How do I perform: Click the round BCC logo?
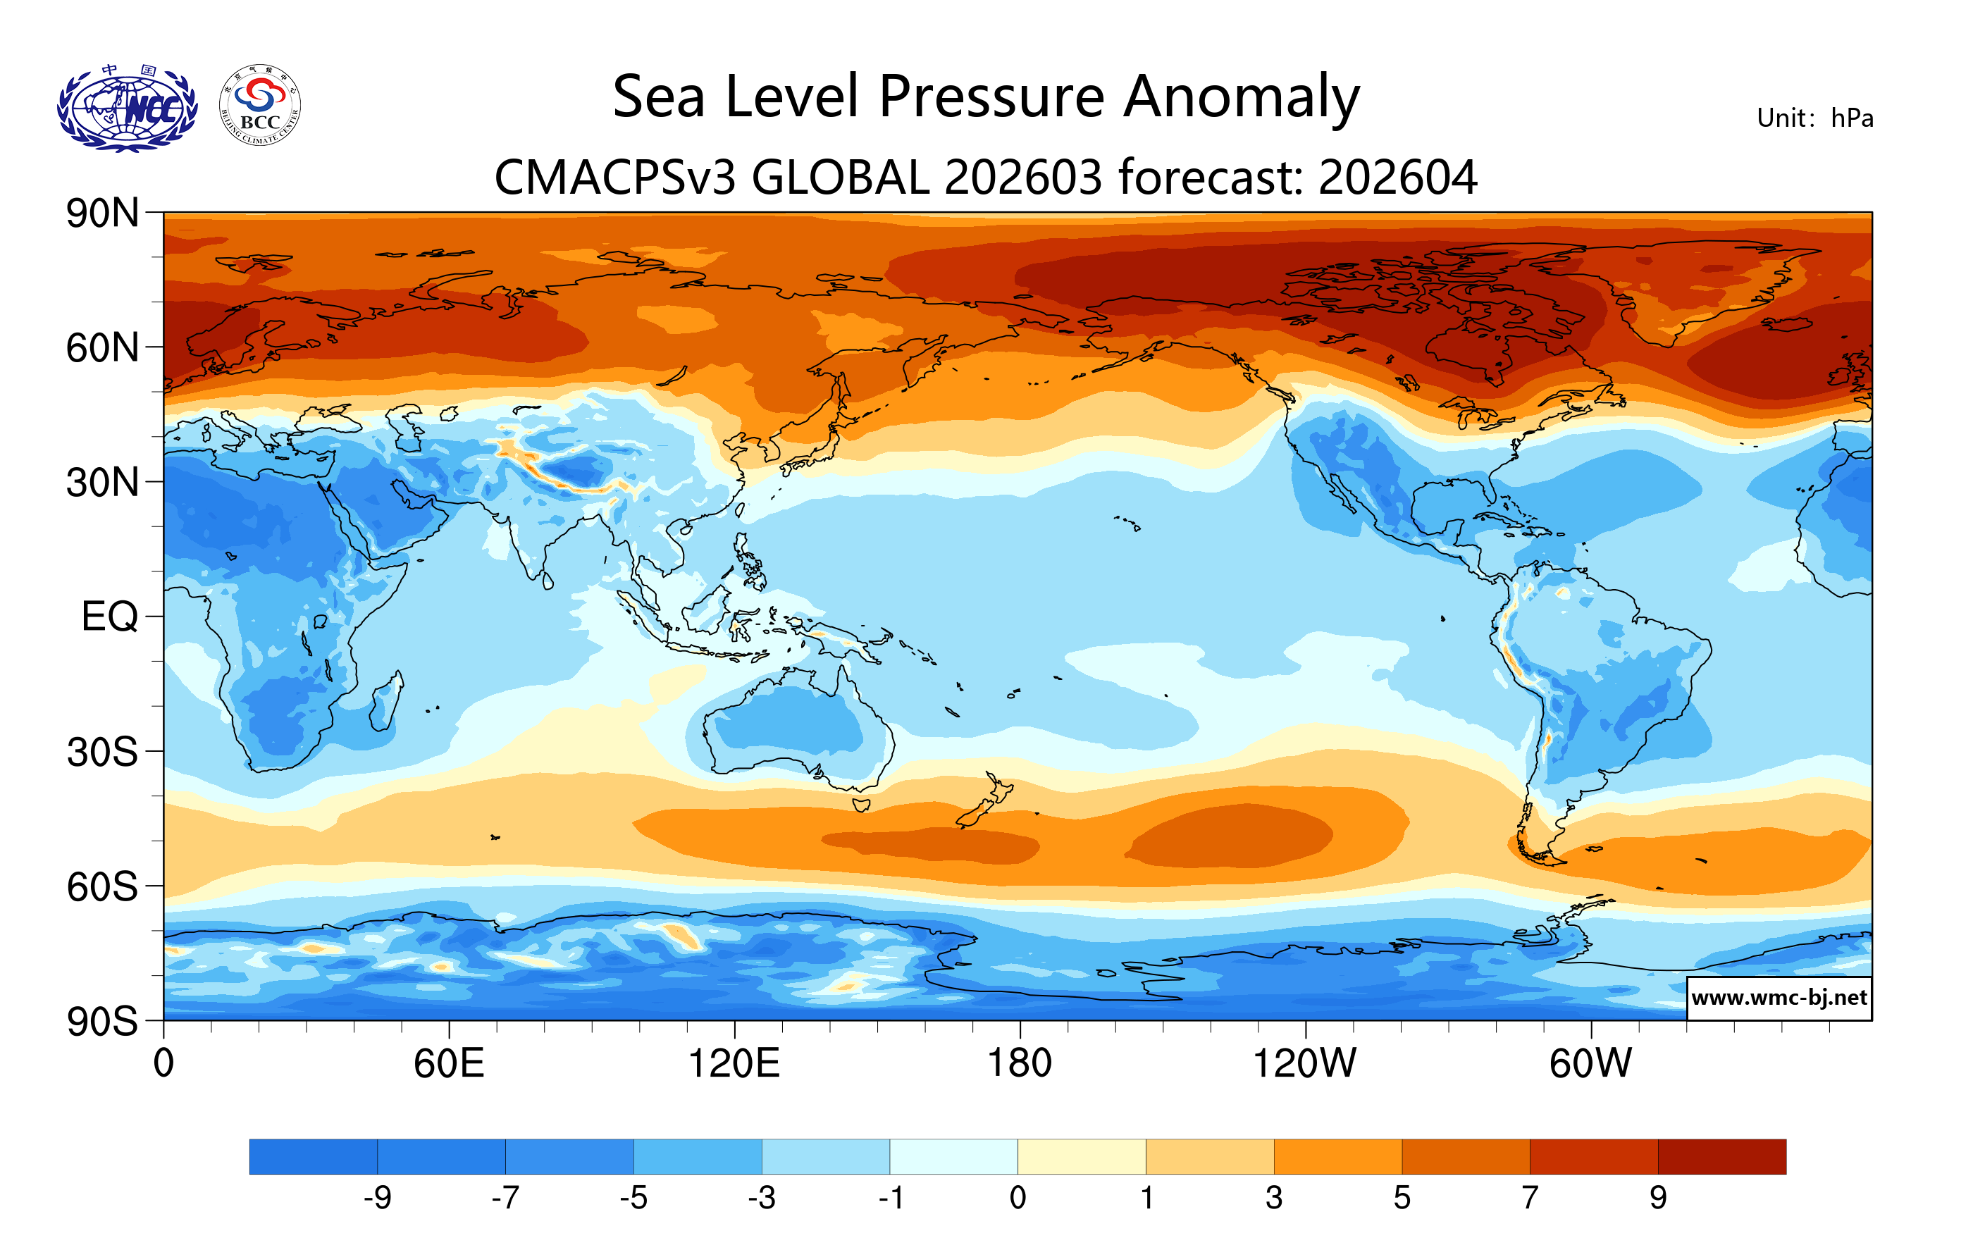click(260, 106)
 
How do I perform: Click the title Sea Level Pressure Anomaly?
click(986, 97)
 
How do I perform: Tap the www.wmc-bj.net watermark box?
click(1778, 998)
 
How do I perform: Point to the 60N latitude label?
click(102, 348)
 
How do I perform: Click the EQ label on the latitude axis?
click(110, 617)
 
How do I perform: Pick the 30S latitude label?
click(102, 752)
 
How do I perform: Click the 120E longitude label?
click(734, 1064)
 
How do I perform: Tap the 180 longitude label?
click(1020, 1064)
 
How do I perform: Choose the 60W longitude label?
click(1590, 1064)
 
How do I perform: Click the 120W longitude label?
click(1304, 1064)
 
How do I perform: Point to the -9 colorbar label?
click(377, 1199)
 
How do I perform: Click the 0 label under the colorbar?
click(1018, 1199)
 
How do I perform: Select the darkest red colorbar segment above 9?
click(1721, 1156)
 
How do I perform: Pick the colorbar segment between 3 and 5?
click(1337, 1156)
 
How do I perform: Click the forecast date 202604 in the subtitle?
click(1398, 178)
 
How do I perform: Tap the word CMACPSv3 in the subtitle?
click(614, 178)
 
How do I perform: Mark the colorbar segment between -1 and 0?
click(953, 1156)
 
